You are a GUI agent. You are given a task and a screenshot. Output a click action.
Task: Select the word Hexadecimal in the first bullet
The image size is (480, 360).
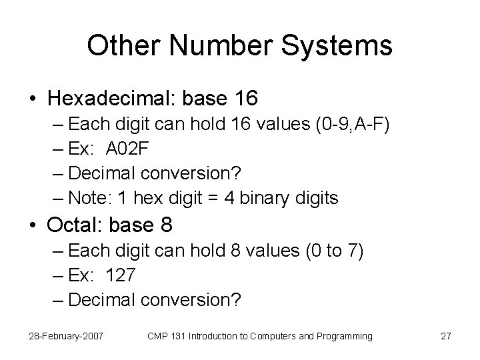coord(109,99)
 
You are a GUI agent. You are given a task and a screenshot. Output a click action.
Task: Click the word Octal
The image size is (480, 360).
coord(73,225)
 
